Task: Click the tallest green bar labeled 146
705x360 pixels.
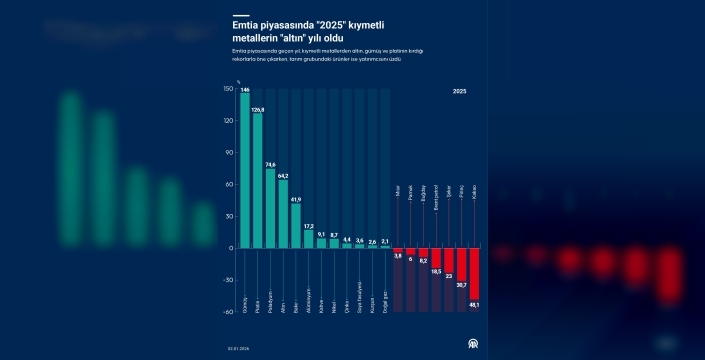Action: pos(245,170)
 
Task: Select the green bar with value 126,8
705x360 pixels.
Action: pos(258,180)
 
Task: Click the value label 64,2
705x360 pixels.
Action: pos(283,176)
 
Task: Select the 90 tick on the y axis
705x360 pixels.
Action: pos(231,152)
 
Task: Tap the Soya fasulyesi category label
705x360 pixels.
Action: pos(360,298)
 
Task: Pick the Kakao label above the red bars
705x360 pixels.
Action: pos(474,193)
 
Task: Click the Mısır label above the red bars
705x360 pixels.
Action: pos(398,192)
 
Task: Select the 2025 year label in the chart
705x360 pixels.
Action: pos(459,91)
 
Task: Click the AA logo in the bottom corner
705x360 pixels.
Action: pos(462,344)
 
